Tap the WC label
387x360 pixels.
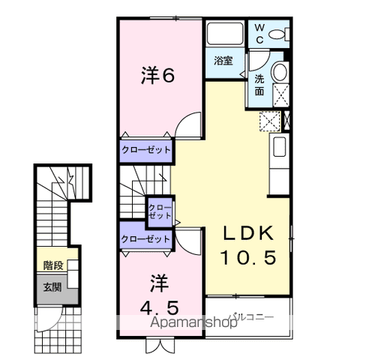(x=259, y=34)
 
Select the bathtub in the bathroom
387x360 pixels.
(x=225, y=34)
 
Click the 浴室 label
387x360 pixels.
(x=223, y=61)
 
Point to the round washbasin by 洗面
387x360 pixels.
(x=280, y=71)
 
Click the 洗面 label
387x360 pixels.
(x=259, y=85)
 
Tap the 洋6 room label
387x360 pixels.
(x=157, y=75)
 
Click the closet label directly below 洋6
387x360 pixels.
(x=146, y=150)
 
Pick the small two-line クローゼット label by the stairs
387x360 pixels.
(x=160, y=211)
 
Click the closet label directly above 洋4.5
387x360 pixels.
(x=145, y=239)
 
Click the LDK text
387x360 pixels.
(x=248, y=233)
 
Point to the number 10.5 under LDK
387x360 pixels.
(x=248, y=257)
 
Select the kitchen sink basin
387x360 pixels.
(x=280, y=147)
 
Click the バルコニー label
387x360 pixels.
(x=253, y=316)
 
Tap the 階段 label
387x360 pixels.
(x=53, y=265)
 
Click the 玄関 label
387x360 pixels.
(x=52, y=287)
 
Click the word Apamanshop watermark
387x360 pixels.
(x=193, y=322)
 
